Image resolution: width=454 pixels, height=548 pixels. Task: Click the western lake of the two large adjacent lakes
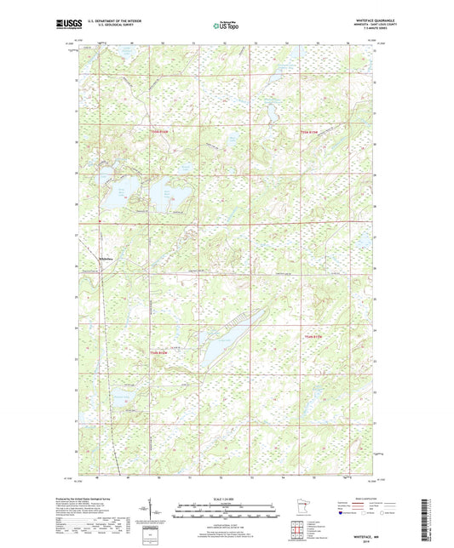[x=112, y=190]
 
